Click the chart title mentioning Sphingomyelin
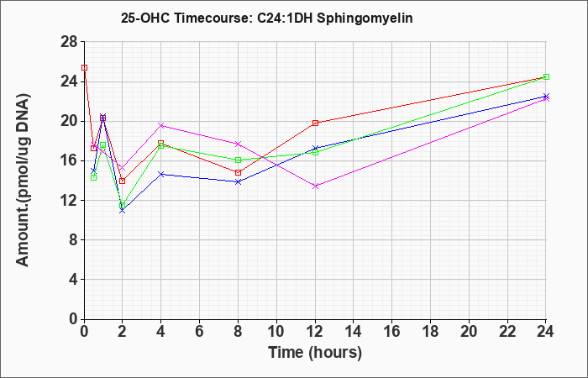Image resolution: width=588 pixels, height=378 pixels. click(266, 18)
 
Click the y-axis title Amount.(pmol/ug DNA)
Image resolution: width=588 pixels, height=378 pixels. click(23, 180)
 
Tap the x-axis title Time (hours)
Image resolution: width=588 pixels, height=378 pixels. click(315, 353)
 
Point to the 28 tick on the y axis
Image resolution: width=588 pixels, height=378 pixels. click(70, 42)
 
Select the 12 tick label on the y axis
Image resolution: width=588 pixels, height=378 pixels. click(70, 200)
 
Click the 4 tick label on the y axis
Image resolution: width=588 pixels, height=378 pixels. click(74, 280)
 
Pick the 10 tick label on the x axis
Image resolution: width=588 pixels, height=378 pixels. click(276, 332)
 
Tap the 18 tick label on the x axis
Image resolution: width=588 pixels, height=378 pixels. click(430, 332)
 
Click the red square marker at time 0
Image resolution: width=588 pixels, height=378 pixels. click(84, 67)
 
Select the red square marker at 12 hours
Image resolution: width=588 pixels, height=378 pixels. click(315, 123)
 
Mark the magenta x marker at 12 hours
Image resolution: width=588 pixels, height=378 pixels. click(315, 186)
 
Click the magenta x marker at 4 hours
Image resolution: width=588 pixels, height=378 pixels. click(161, 125)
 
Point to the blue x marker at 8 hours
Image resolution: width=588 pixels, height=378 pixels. click(238, 181)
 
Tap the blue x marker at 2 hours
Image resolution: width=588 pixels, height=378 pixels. click(123, 210)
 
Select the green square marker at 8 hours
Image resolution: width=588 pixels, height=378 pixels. click(238, 160)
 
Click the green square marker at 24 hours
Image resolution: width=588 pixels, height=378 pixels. click(546, 77)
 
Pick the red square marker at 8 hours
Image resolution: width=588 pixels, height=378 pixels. click(238, 172)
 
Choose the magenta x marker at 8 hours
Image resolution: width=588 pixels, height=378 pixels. click(238, 144)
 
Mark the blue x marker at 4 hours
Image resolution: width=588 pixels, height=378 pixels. click(161, 174)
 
